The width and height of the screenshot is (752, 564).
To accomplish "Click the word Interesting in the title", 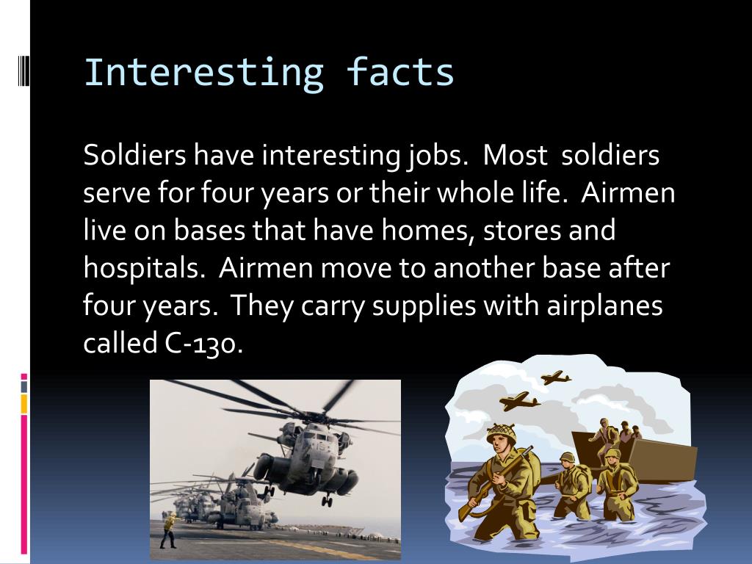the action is click(204, 73).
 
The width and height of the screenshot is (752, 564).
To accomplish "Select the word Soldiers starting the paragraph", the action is click(134, 155).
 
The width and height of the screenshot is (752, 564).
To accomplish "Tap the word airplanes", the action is click(605, 307).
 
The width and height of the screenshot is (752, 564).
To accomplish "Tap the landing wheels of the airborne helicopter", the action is click(327, 501).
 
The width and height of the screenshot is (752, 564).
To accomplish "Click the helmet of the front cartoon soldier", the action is click(502, 433).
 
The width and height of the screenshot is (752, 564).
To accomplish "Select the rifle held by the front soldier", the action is click(494, 483).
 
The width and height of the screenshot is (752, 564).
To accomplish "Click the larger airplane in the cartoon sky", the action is click(519, 400).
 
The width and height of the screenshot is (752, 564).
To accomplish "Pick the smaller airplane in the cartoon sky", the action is click(556, 377).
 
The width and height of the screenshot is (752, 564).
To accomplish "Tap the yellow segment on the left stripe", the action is click(24, 404).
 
